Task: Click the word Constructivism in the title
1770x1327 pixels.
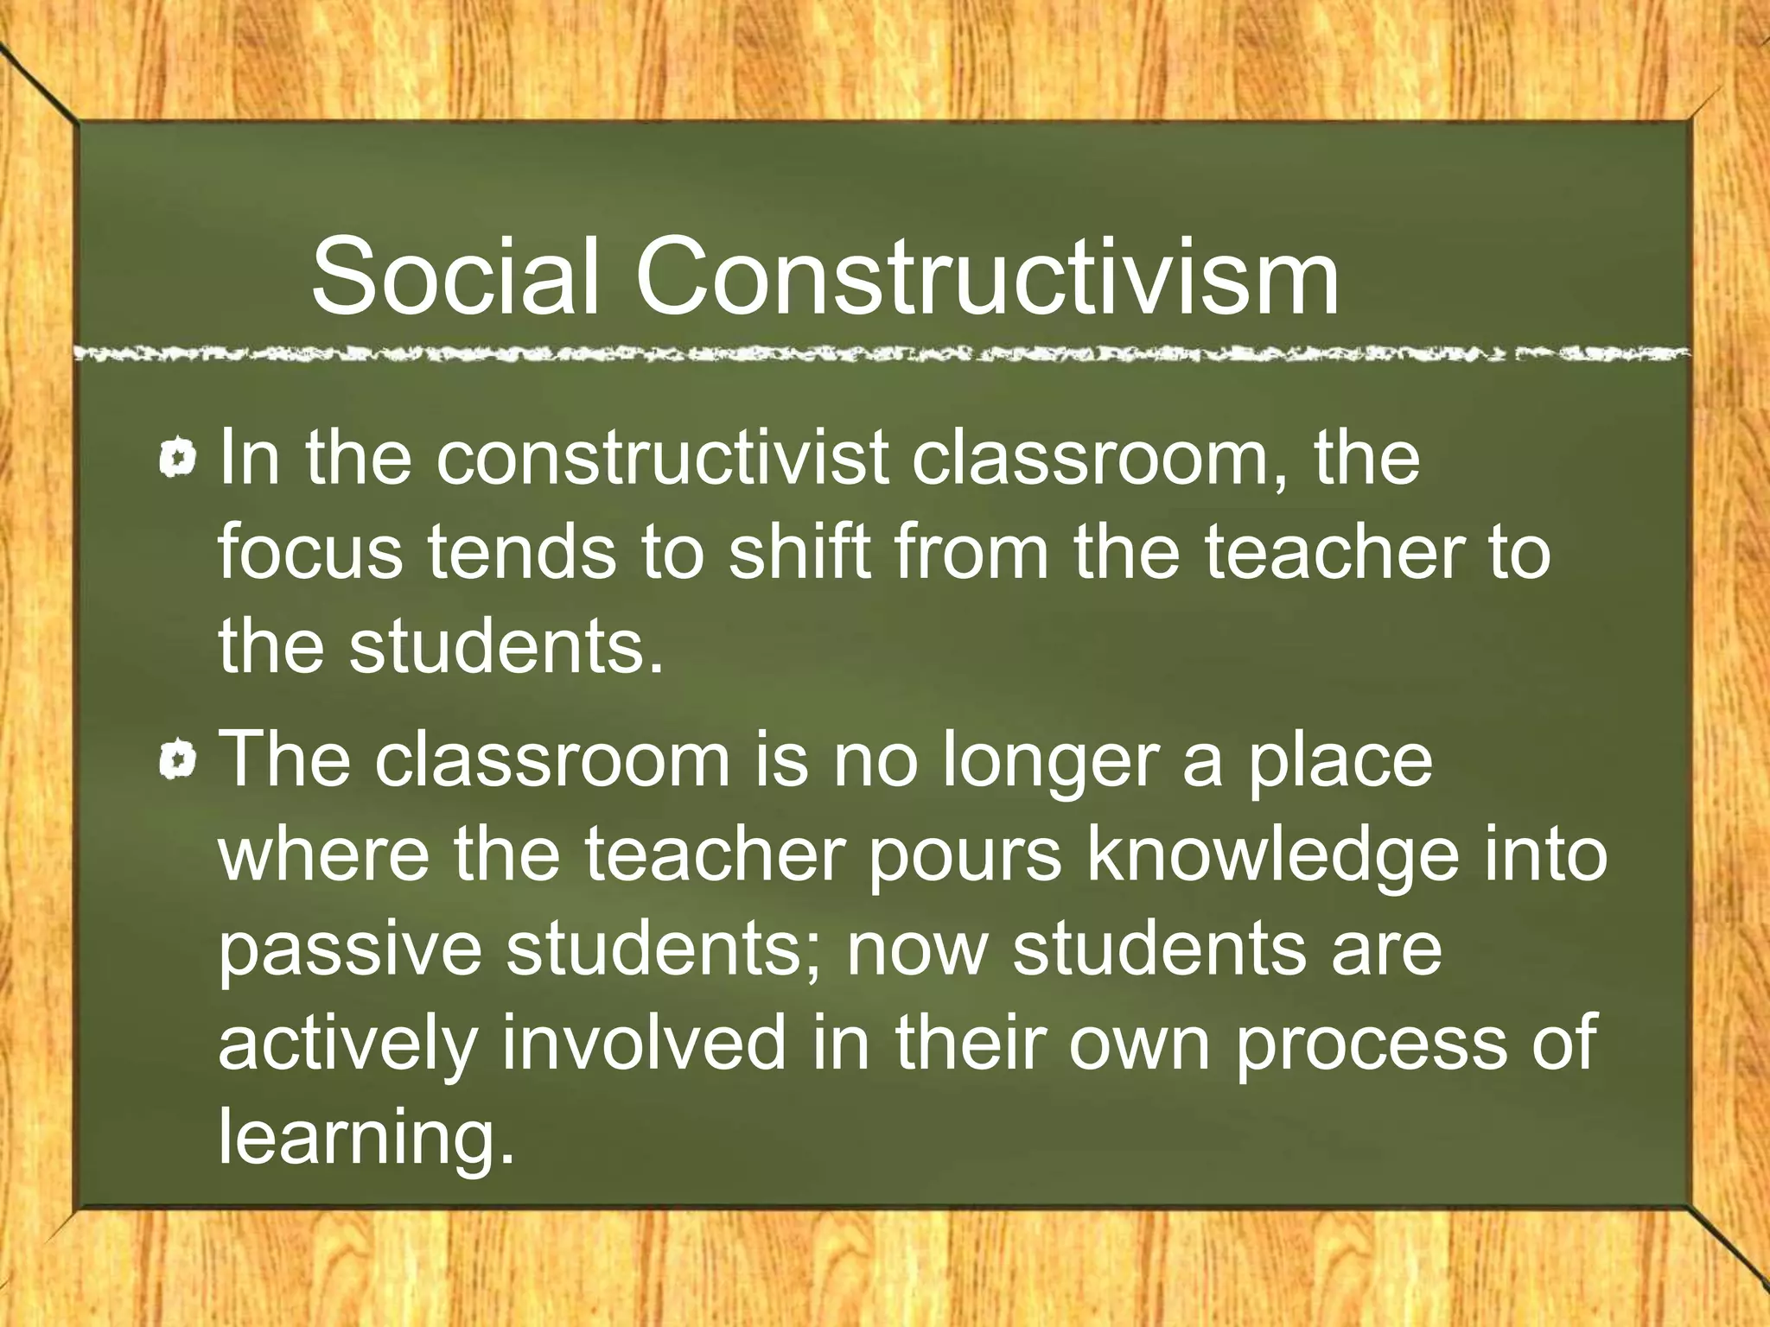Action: point(987,276)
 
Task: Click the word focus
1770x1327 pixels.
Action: point(309,553)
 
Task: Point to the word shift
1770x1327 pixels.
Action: point(799,553)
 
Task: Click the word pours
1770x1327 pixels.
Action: point(965,855)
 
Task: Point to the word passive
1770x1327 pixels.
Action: point(349,950)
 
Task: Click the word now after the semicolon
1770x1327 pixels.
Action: point(916,950)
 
